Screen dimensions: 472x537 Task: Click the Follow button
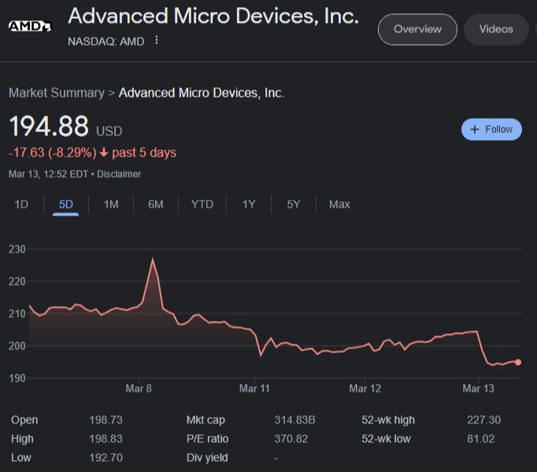pyautogui.click(x=491, y=129)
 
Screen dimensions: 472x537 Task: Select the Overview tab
pyautogui.click(x=417, y=29)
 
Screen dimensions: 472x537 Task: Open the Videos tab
pyautogui.click(x=496, y=29)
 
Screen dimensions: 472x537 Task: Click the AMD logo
pyautogui.click(x=30, y=26)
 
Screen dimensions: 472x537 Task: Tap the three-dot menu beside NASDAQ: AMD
pyautogui.click(x=157, y=40)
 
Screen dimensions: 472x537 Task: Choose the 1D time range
pyautogui.click(x=21, y=205)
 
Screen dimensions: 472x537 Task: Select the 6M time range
pyautogui.click(x=155, y=205)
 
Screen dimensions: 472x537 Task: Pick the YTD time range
pyautogui.click(x=202, y=205)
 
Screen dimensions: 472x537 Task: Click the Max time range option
pyautogui.click(x=339, y=205)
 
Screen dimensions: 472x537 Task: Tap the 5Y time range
pyautogui.click(x=294, y=205)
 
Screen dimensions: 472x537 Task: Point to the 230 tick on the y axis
pyautogui.click(x=17, y=249)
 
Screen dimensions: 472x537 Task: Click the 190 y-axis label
pyautogui.click(x=17, y=378)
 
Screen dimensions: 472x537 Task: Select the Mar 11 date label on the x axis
pyautogui.click(x=254, y=389)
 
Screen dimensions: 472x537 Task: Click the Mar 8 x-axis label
pyautogui.click(x=139, y=389)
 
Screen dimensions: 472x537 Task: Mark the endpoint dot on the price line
pyautogui.click(x=517, y=363)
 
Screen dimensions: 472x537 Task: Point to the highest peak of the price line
pyautogui.click(x=153, y=259)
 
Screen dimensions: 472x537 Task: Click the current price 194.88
pyautogui.click(x=49, y=127)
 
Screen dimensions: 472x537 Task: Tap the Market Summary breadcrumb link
pyautogui.click(x=56, y=93)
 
